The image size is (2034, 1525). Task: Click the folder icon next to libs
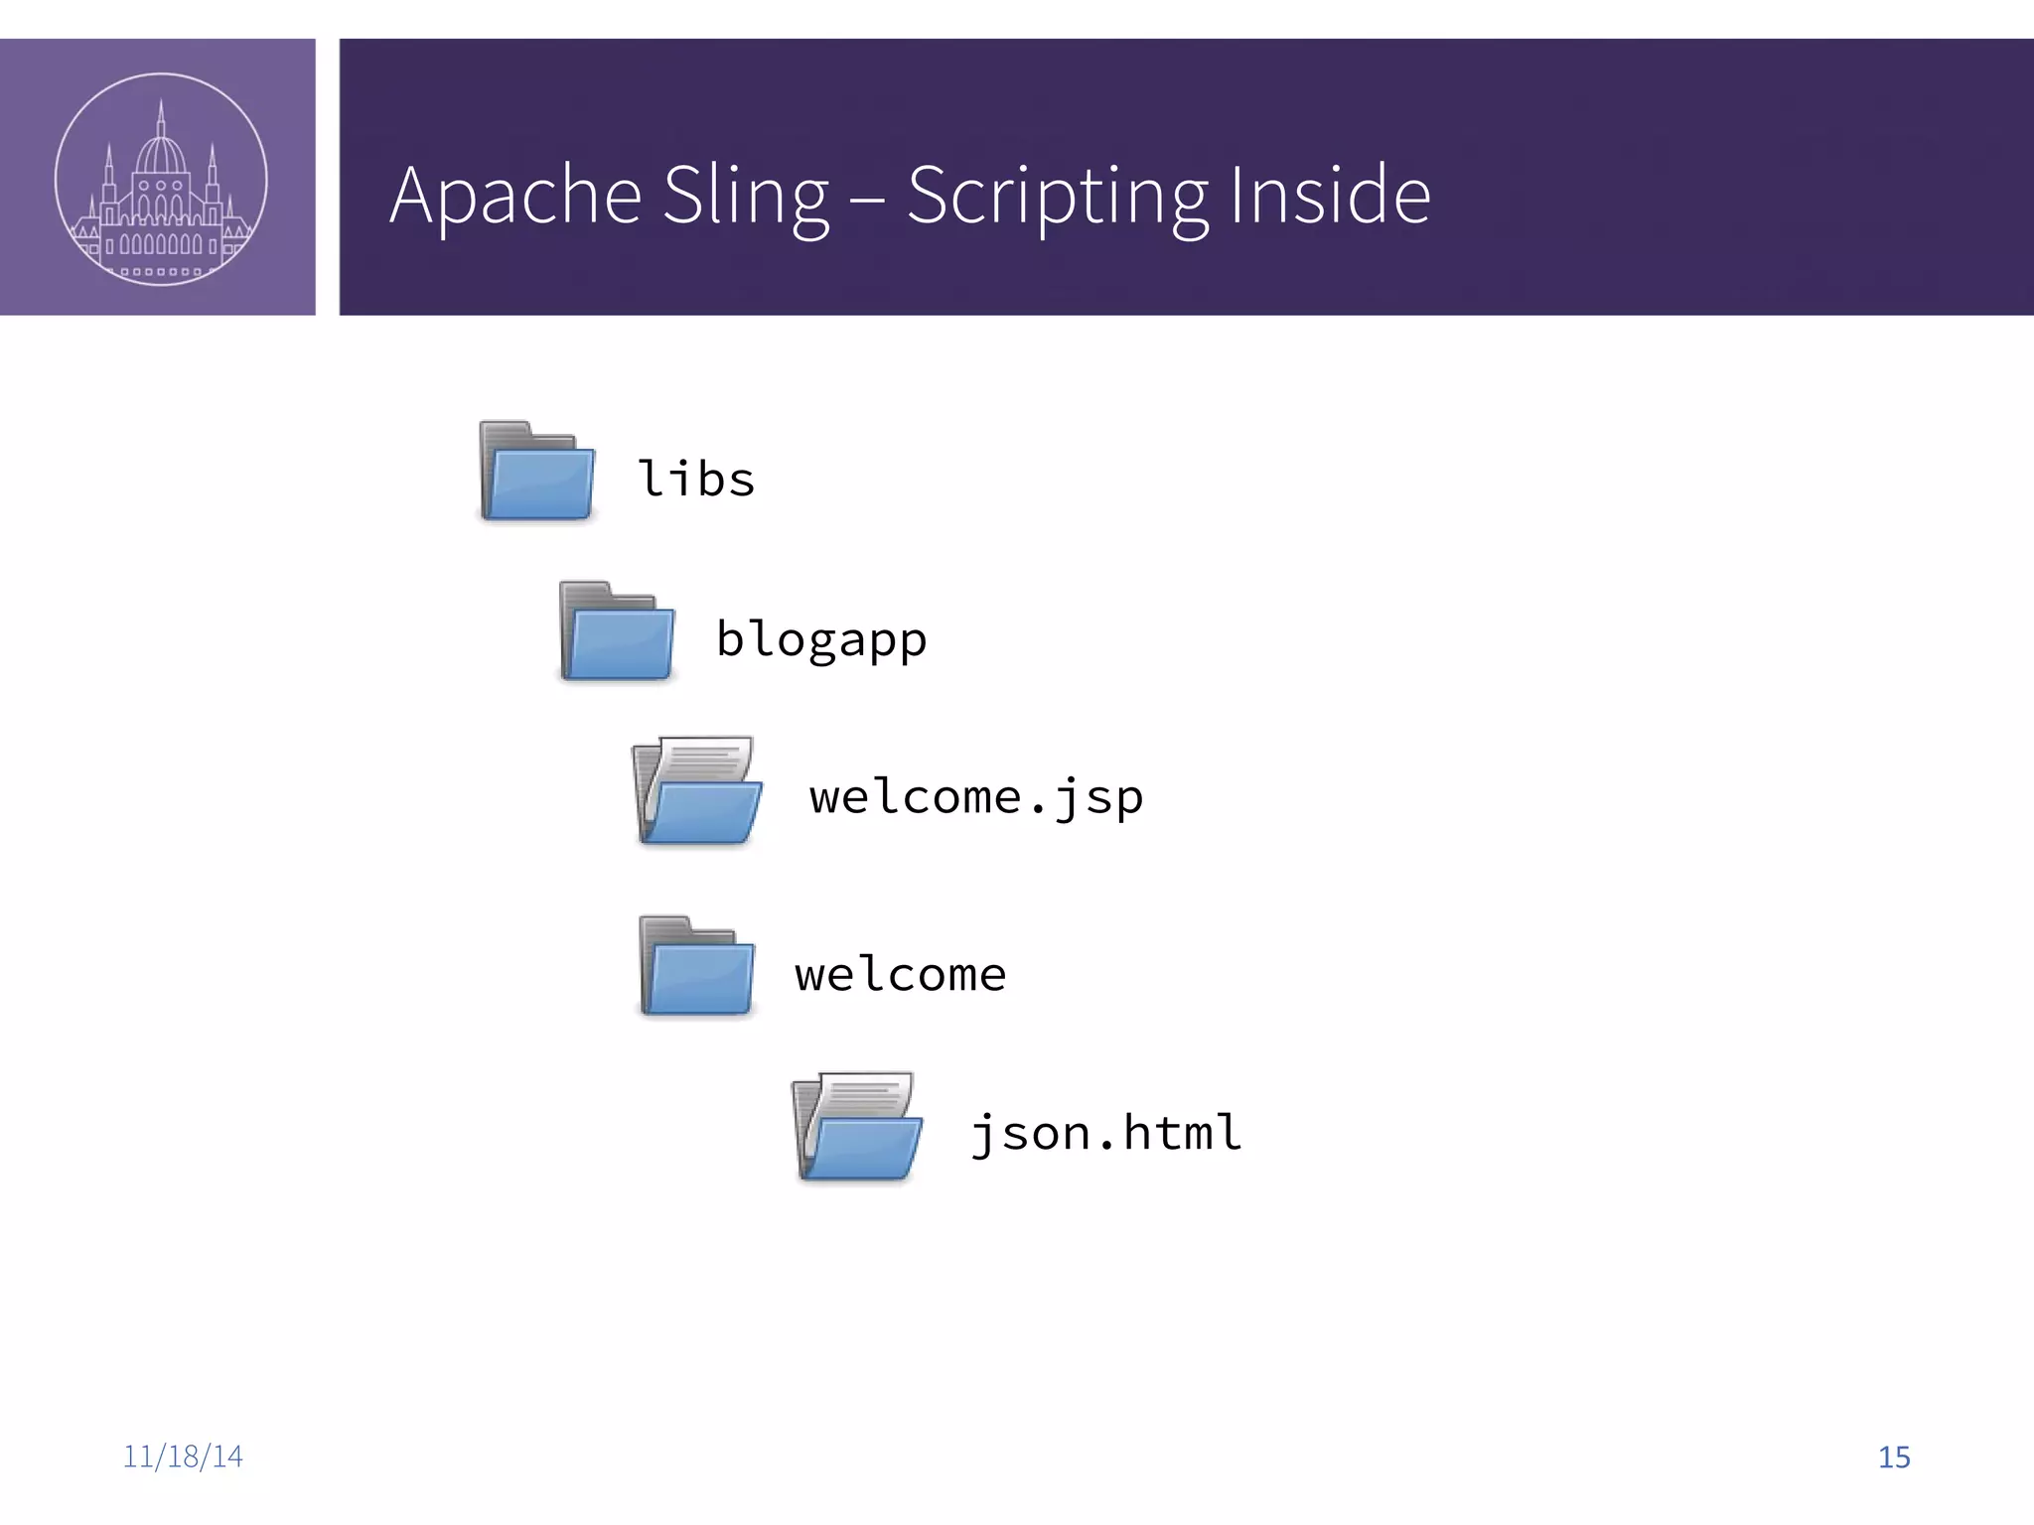pyautogui.click(x=536, y=472)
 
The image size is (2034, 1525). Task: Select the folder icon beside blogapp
pyautogui.click(x=617, y=631)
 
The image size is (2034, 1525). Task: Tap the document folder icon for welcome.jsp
pyautogui.click(x=697, y=791)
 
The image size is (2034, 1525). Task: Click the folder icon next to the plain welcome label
pyautogui.click(x=696, y=967)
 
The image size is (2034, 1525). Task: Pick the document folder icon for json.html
pyautogui.click(x=858, y=1127)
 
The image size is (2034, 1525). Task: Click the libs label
pyautogui.click(x=696, y=479)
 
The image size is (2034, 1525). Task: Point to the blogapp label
pyautogui.click(x=821, y=640)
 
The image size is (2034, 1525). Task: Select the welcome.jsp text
pyautogui.click(x=976, y=797)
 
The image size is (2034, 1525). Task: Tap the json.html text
pyautogui.click(x=1105, y=1133)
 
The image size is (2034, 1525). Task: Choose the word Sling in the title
pyautogui.click(x=745, y=197)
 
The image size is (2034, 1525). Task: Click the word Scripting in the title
pyautogui.click(x=1057, y=197)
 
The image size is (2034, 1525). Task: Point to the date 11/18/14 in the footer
pyautogui.click(x=183, y=1456)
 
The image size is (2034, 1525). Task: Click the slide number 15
pyautogui.click(x=1894, y=1457)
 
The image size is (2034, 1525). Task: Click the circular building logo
pyautogui.click(x=161, y=179)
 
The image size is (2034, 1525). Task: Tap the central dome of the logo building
pyautogui.click(x=161, y=154)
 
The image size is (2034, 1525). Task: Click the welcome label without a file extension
pyautogui.click(x=900, y=975)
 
